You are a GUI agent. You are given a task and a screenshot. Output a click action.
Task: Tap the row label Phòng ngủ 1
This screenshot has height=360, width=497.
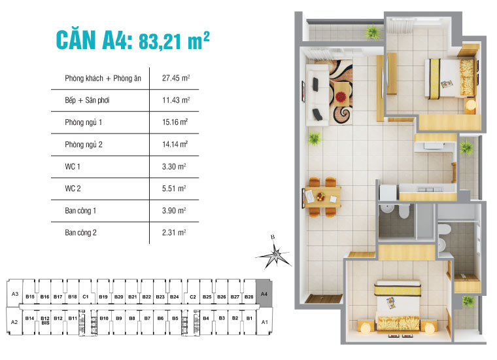[x=84, y=122]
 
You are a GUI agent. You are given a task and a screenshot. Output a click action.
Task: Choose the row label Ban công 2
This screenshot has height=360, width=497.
[x=80, y=232]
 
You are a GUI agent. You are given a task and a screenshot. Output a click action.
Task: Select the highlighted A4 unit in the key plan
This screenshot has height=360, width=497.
[x=264, y=295]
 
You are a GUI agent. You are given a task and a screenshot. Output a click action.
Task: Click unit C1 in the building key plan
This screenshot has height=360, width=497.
[x=86, y=297]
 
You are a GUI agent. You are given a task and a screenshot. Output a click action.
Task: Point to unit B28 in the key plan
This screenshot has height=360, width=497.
[x=248, y=297]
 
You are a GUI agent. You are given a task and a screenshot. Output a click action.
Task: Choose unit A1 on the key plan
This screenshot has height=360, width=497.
[x=264, y=323]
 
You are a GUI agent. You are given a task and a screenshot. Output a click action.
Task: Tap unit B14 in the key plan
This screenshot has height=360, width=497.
[x=29, y=318]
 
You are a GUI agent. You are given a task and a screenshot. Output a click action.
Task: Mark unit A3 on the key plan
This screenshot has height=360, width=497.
[x=14, y=295]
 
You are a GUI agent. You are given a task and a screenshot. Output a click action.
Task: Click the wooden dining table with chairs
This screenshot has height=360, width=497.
[x=323, y=195]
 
